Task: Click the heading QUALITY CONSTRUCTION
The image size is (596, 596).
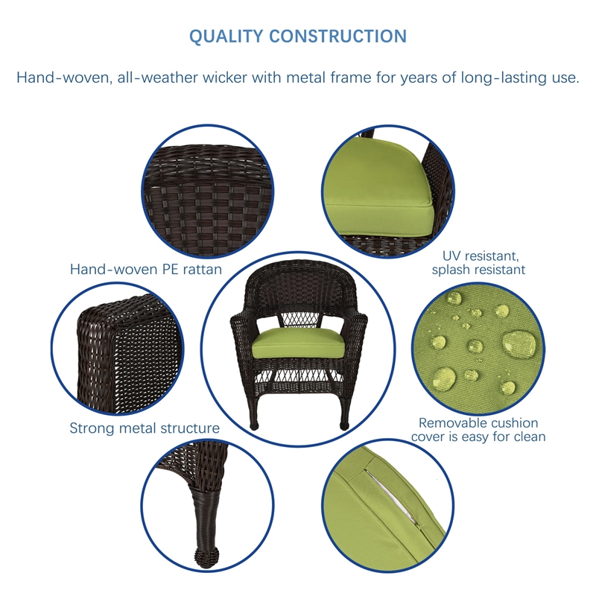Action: coord(298,37)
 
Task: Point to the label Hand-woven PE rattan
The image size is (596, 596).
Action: coord(146,270)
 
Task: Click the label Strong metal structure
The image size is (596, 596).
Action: coord(145,428)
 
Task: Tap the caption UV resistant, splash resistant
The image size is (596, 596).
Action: coord(478,262)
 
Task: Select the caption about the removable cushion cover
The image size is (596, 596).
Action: coord(478,430)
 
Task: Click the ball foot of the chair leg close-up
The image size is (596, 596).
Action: coord(200,557)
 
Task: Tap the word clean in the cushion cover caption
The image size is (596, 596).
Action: coord(527,437)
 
